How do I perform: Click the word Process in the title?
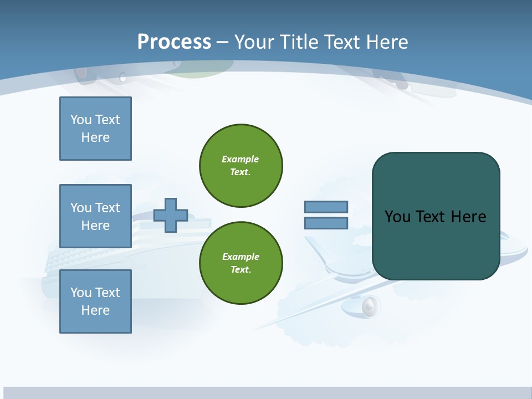(x=174, y=42)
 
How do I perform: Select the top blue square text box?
(x=95, y=129)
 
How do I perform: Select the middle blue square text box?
(x=95, y=216)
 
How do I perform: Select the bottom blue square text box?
(x=95, y=301)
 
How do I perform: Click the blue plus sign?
(x=171, y=215)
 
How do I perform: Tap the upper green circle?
(x=241, y=166)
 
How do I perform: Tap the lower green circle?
(x=241, y=263)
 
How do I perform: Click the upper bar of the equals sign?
(x=326, y=207)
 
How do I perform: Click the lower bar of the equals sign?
(x=326, y=223)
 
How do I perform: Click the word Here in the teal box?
(x=468, y=217)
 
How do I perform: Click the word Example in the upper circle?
(x=241, y=159)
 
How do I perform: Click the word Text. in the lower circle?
(x=241, y=270)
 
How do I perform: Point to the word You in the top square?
(x=81, y=120)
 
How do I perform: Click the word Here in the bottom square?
(x=95, y=310)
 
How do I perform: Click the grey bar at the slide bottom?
(x=266, y=393)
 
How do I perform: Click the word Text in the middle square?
(x=108, y=208)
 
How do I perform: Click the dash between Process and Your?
(x=222, y=42)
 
